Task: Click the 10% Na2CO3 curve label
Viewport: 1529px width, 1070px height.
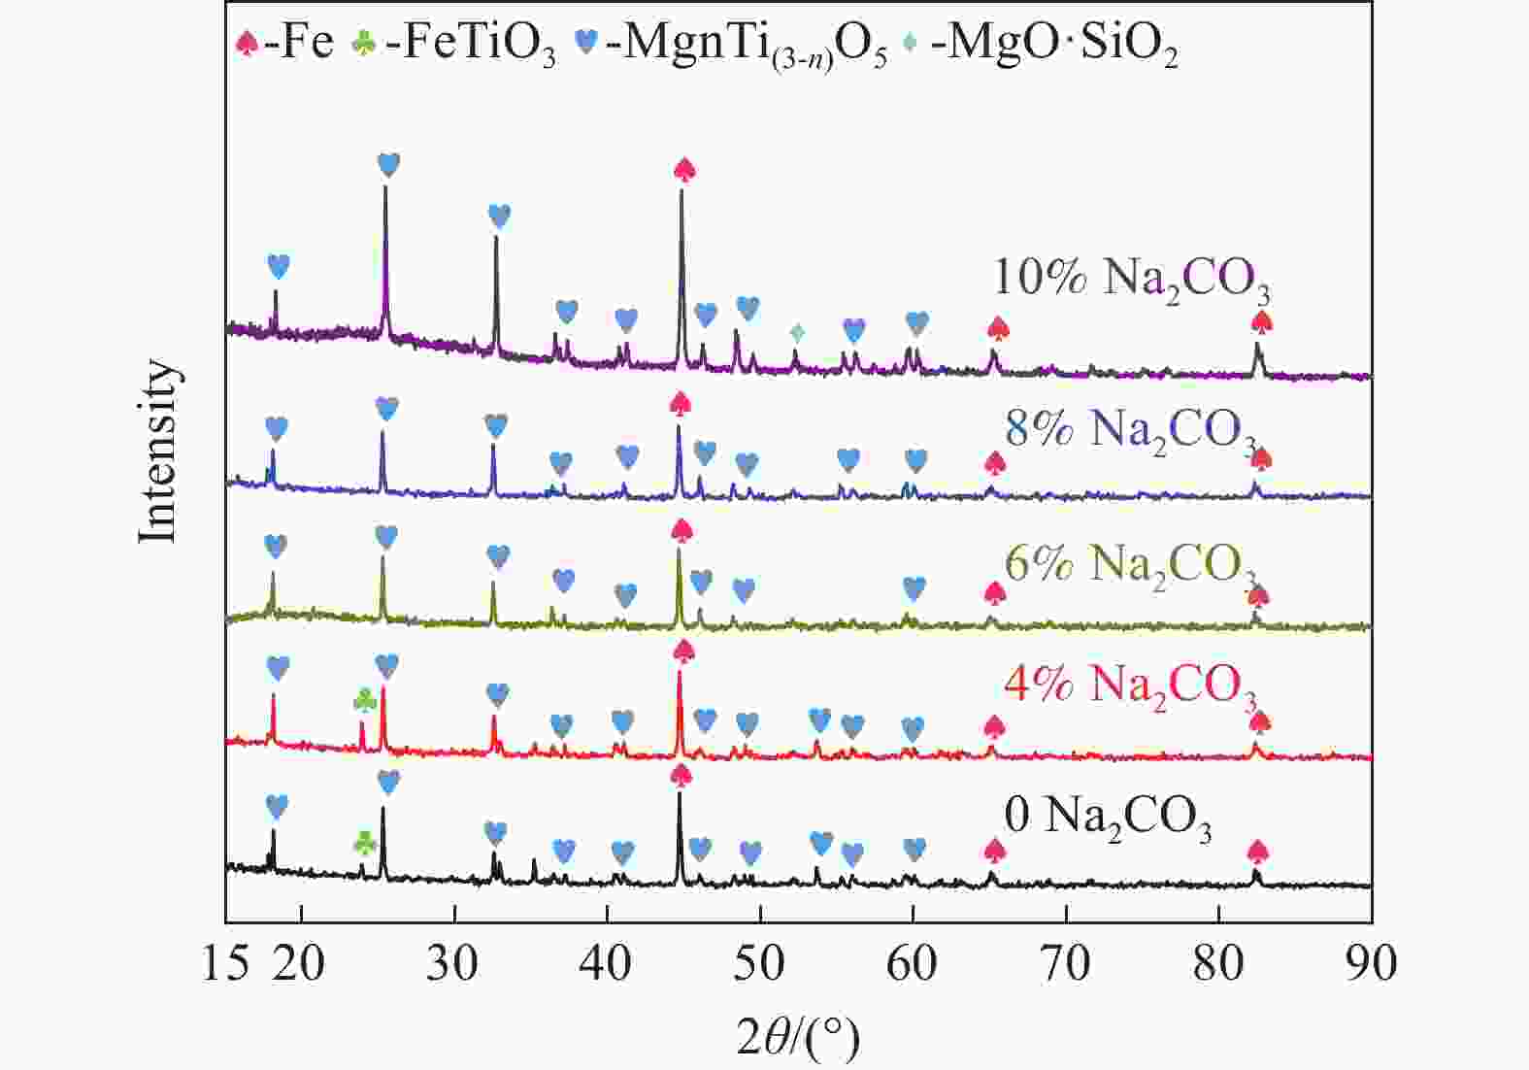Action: pyautogui.click(x=1131, y=279)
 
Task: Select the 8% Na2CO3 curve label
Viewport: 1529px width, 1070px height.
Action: pyautogui.click(x=1131, y=430)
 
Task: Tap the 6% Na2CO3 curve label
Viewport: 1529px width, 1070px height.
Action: pyautogui.click(x=1131, y=564)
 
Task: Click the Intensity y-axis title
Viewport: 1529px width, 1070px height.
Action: pyautogui.click(x=158, y=451)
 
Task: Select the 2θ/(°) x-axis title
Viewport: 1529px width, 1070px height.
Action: pyautogui.click(x=798, y=1040)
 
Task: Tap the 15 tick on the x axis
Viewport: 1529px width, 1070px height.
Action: pyautogui.click(x=227, y=964)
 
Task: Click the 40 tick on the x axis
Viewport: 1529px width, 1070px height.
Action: pyautogui.click(x=607, y=964)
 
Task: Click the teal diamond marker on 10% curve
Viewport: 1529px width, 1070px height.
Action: pyautogui.click(x=797, y=333)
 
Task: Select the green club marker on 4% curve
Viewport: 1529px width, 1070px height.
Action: pyautogui.click(x=365, y=699)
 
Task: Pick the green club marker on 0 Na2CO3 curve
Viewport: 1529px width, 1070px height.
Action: pyautogui.click(x=365, y=841)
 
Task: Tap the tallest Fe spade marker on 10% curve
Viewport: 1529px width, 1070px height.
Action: pyautogui.click(x=684, y=169)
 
